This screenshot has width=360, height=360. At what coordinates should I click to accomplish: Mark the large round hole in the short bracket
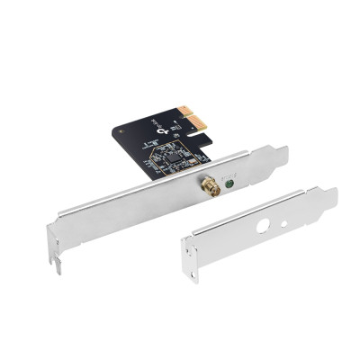point(263,226)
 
